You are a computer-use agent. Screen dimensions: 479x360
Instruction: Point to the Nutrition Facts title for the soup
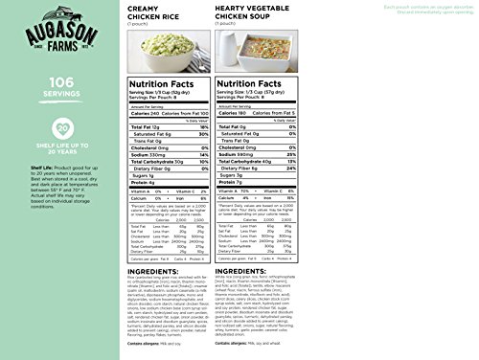coord(315,113)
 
